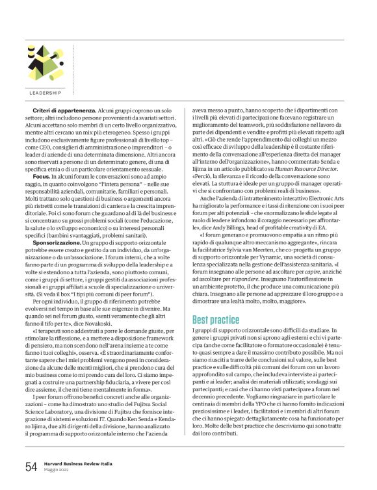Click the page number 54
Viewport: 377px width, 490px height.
click(x=31, y=467)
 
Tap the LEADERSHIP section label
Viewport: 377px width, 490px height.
click(x=45, y=92)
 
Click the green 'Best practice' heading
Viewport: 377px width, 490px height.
click(x=216, y=320)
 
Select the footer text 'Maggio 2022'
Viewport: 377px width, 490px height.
click(x=55, y=471)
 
